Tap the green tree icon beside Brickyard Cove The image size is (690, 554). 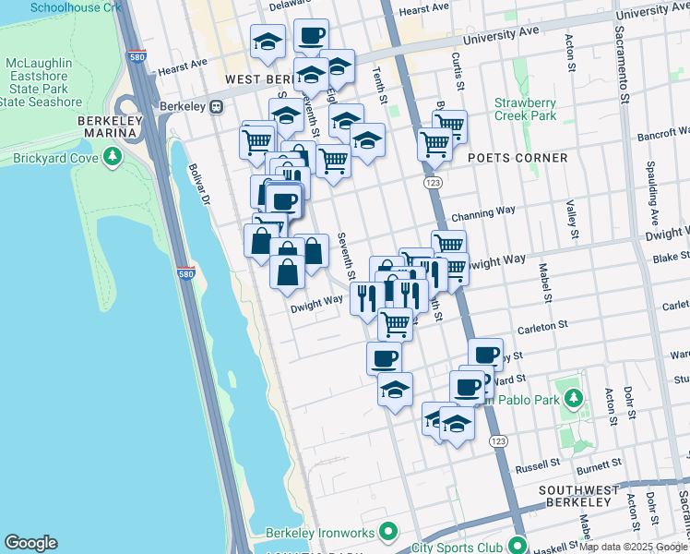click(113, 158)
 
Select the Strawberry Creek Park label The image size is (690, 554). click(525, 109)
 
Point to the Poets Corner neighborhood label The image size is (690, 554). click(517, 158)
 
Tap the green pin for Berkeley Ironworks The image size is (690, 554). click(388, 532)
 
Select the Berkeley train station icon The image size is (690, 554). click(215, 106)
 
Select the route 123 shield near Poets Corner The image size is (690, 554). click(434, 184)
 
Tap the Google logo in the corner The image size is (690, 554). click(30, 543)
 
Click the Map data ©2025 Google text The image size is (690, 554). click(633, 548)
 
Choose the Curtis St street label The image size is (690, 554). click(456, 65)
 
